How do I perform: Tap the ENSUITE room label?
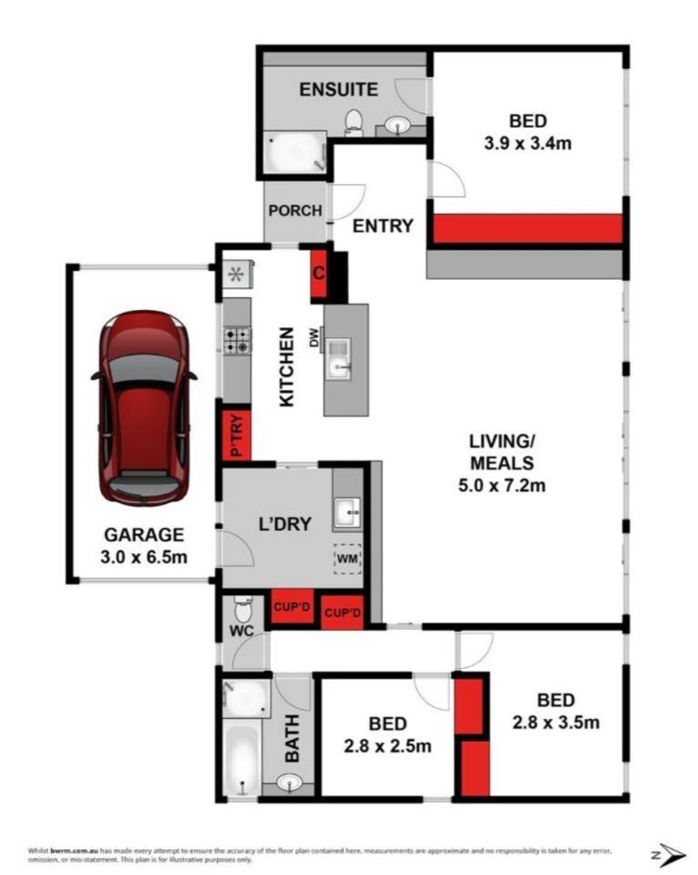(339, 89)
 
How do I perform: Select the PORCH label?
(295, 211)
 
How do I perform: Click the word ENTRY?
(384, 225)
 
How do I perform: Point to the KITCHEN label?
(286, 366)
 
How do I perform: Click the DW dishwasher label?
(315, 337)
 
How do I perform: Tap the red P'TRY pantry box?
(237, 436)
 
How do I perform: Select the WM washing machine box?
(347, 558)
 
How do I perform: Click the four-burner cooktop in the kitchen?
(237, 340)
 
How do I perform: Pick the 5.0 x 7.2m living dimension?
(501, 486)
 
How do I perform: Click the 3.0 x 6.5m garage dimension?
(144, 556)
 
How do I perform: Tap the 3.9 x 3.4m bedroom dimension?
(528, 143)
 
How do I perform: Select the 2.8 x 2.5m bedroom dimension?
(388, 746)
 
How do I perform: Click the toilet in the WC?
(243, 609)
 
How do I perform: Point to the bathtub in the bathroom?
(241, 757)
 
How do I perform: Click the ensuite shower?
(294, 152)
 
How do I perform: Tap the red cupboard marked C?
(319, 273)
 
